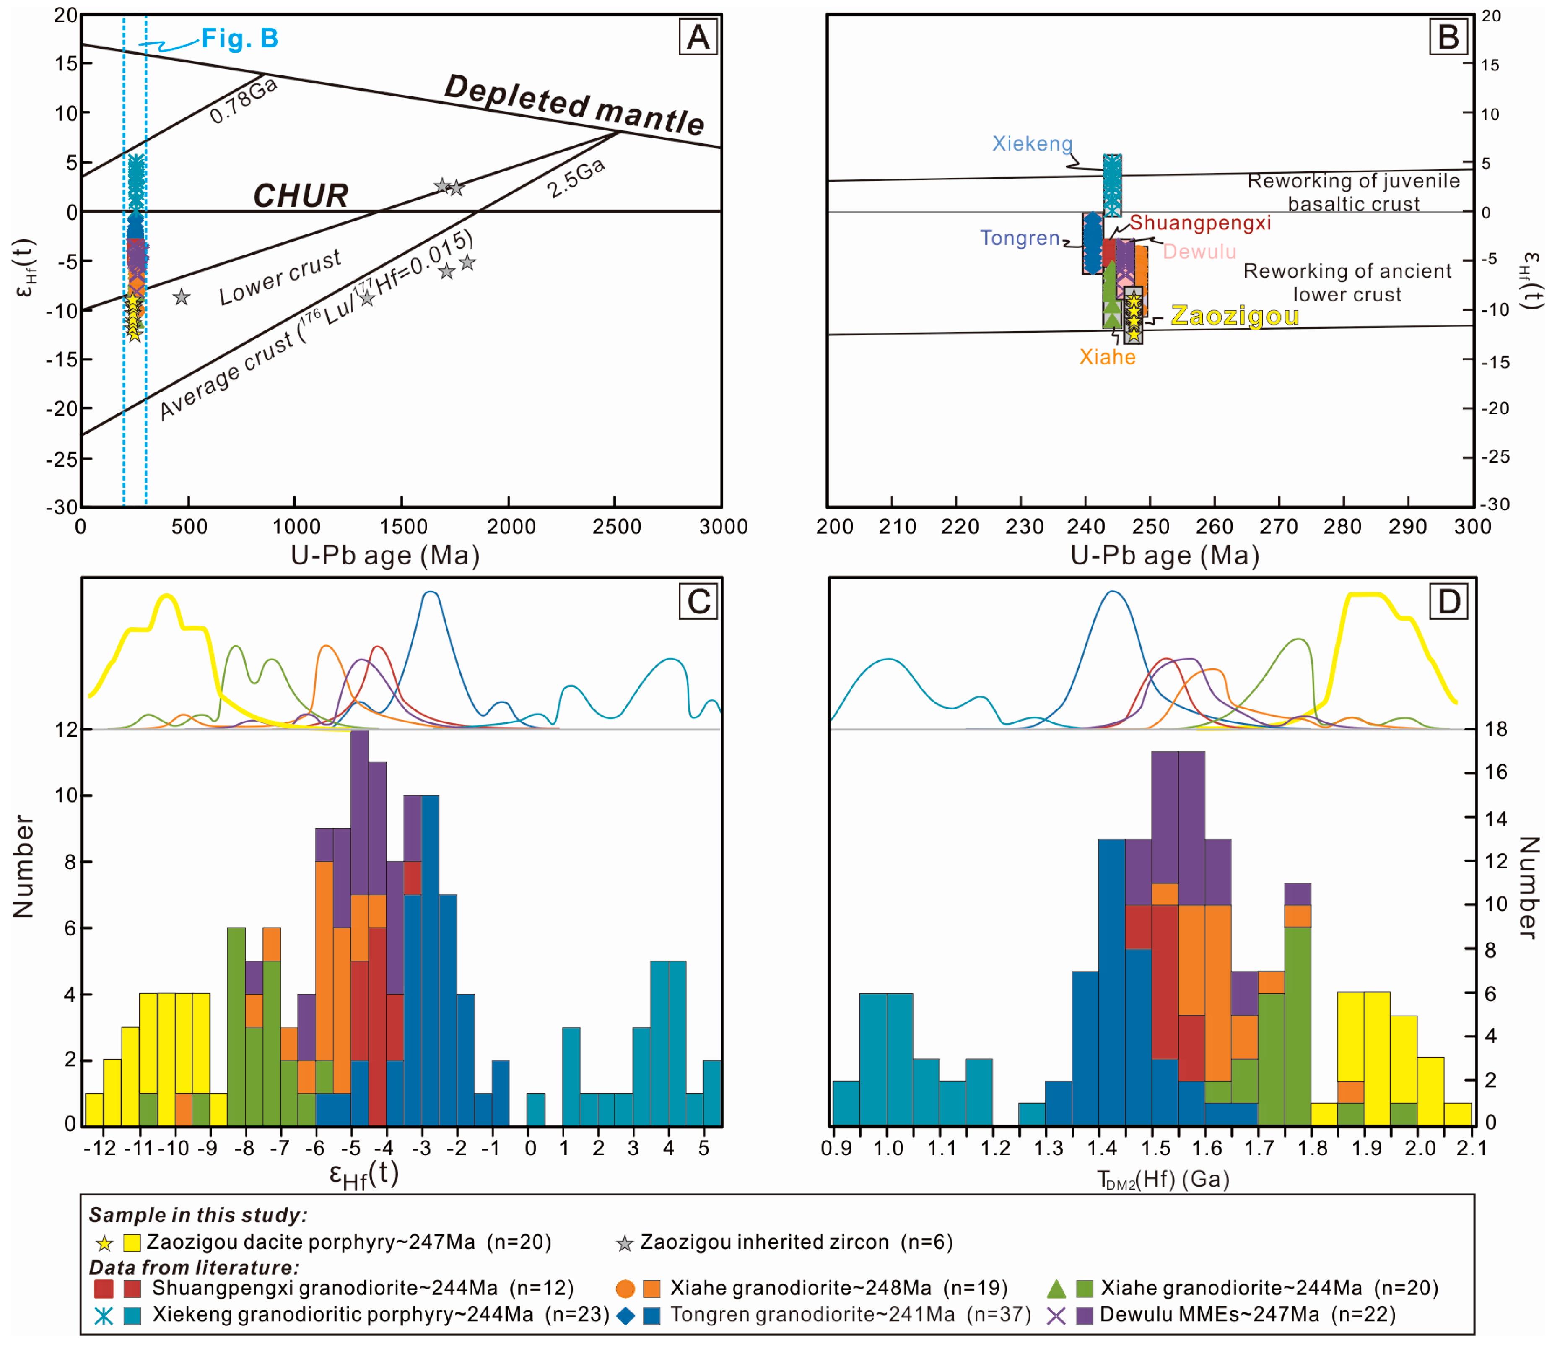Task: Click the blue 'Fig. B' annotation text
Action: click(239, 38)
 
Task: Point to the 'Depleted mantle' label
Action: click(574, 106)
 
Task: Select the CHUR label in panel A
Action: click(300, 196)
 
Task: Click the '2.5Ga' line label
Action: click(576, 178)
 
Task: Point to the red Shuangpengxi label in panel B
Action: click(1200, 223)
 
